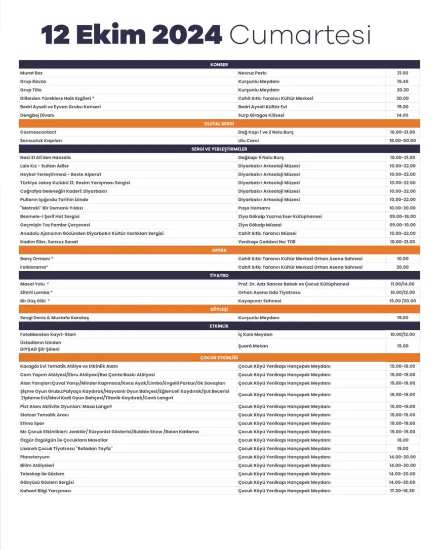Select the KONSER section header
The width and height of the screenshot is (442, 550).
point(219,64)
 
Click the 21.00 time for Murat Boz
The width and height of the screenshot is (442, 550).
point(403,73)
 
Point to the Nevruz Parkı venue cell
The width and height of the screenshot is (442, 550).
point(252,73)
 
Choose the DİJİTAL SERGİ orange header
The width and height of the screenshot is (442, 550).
point(219,123)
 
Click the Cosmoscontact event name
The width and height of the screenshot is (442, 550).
point(38,132)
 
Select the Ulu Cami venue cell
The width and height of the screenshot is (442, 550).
point(249,140)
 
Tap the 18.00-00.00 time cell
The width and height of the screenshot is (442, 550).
point(403,140)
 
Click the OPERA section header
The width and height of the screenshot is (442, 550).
point(219,250)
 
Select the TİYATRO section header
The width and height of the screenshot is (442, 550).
point(219,276)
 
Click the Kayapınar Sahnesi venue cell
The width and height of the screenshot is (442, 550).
point(260,301)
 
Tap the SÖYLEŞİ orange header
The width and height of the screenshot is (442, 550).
point(219,309)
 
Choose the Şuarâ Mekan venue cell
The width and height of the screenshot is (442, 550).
point(253,346)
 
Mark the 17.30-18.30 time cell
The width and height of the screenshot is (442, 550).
point(403,491)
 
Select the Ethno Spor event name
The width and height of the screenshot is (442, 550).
point(32,423)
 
